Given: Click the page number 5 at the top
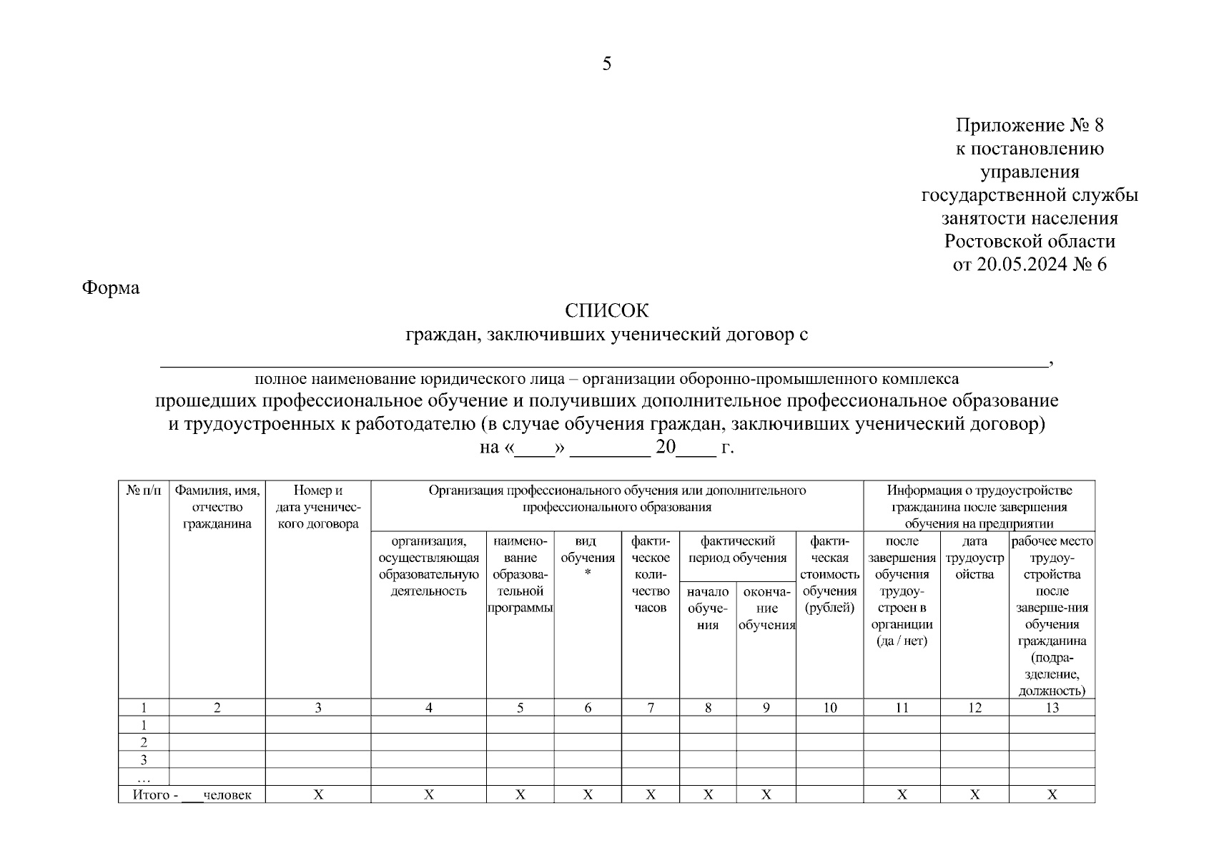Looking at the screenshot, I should [x=606, y=64].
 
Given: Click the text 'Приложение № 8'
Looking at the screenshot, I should [x=1030, y=126].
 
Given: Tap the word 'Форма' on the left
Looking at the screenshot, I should [x=111, y=288].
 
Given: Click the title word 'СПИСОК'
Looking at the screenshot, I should [x=606, y=311].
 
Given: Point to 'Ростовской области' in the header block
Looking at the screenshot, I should [x=1030, y=242].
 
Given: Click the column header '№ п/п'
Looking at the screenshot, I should [x=144, y=490].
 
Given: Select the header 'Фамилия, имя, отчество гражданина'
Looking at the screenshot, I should [x=217, y=507].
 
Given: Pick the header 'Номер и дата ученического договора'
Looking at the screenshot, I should [x=318, y=507].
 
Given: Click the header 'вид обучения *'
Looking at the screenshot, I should [x=588, y=558].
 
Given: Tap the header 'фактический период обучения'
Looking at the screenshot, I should [x=737, y=549].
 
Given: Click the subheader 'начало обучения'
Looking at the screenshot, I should [x=708, y=608].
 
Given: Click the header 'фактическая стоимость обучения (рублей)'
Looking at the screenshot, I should [x=829, y=574].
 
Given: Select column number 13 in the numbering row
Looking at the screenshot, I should [x=1052, y=708].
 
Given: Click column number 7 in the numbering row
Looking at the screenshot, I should [x=651, y=708].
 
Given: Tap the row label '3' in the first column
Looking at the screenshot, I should [x=144, y=759].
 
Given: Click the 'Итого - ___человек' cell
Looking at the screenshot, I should [x=192, y=794].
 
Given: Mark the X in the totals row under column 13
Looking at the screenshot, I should [x=1052, y=794].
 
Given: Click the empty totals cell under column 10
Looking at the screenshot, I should [x=829, y=794].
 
